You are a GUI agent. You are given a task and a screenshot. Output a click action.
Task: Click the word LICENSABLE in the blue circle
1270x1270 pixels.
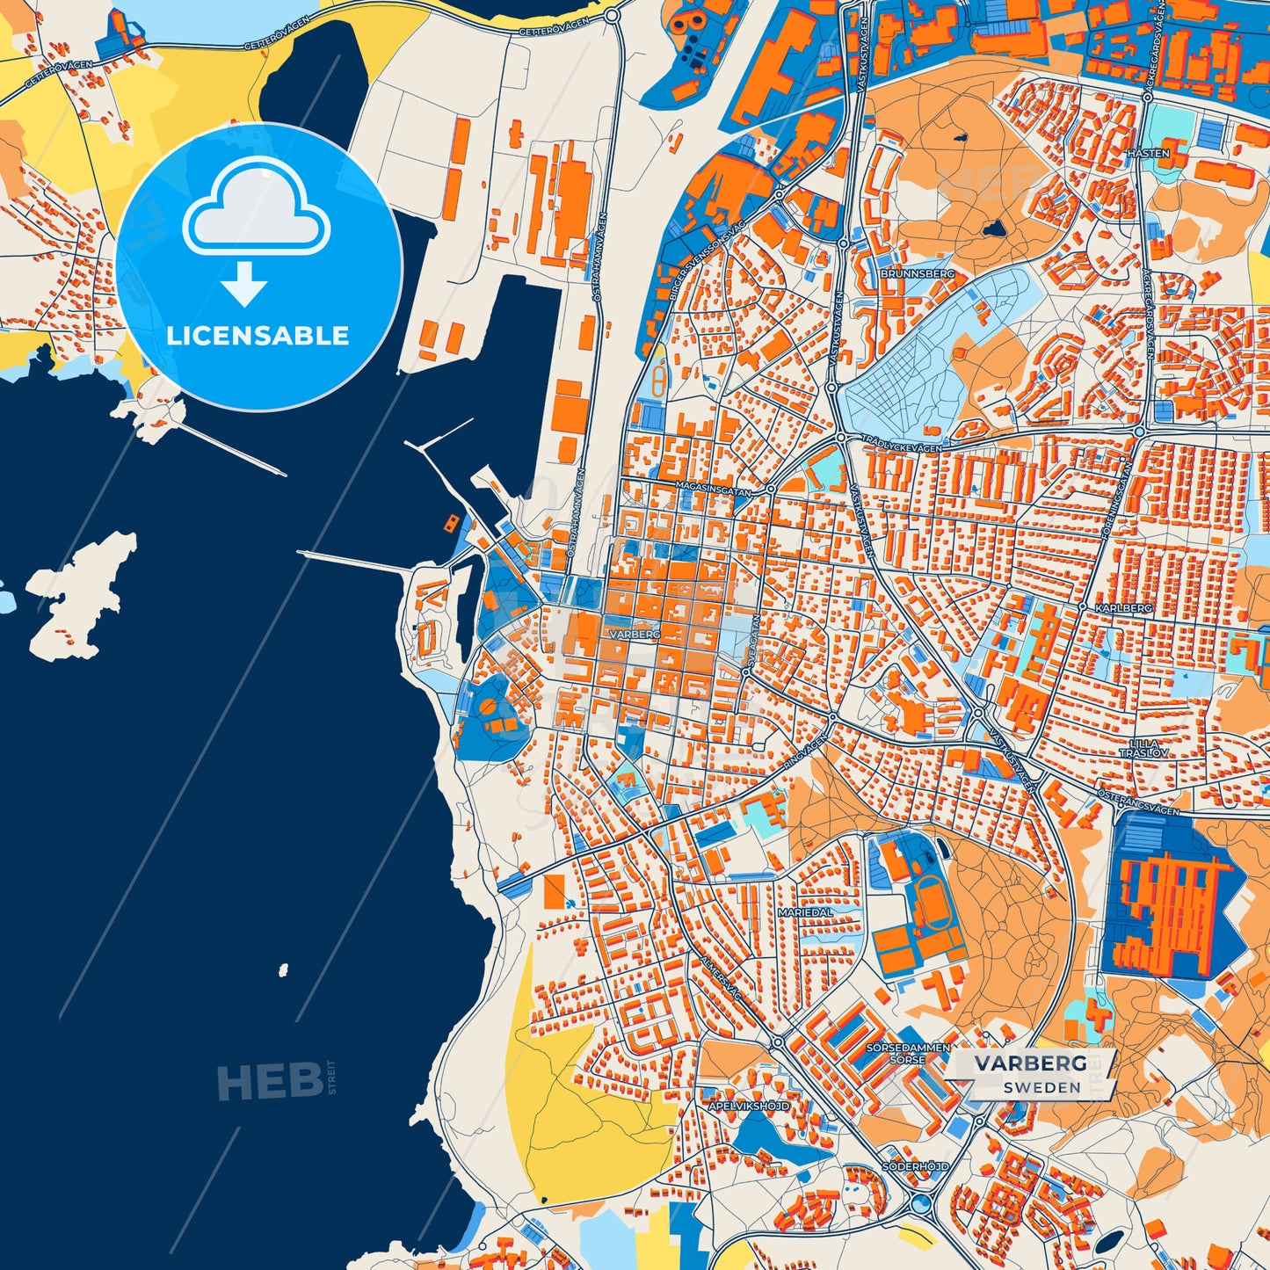258,336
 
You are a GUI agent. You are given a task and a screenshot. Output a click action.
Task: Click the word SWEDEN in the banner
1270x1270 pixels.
1041,1087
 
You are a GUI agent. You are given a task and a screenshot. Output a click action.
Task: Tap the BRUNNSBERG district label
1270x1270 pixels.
917,274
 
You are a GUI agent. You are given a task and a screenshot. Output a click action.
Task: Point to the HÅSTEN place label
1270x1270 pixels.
1148,153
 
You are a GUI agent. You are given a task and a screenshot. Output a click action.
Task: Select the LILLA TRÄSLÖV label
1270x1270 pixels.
1143,748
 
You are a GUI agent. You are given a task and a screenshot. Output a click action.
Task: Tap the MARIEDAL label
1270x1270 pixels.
804,913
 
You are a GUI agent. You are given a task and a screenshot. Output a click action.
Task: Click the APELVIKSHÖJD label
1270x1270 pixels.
749,1106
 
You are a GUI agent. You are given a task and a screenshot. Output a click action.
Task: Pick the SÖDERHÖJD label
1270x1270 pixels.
915,1166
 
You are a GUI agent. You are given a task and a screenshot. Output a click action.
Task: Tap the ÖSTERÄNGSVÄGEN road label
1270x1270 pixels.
1138,803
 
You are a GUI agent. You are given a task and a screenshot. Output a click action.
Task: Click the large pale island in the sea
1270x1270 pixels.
82,598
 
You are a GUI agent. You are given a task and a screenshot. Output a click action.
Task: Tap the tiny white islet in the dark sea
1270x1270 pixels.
283,970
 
